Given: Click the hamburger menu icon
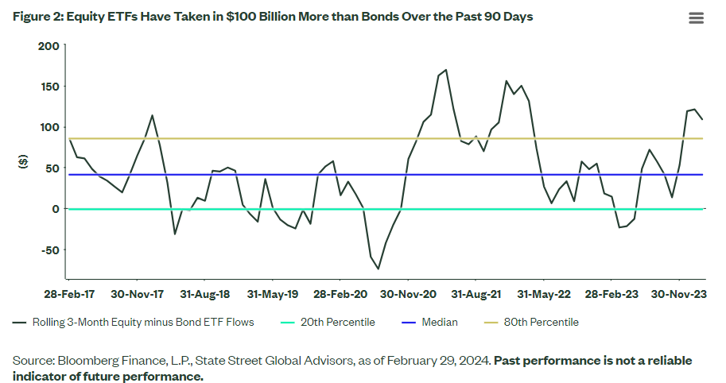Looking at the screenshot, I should (x=696, y=18).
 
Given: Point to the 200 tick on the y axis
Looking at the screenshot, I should (x=49, y=45).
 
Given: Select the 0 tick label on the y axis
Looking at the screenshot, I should (x=56, y=209).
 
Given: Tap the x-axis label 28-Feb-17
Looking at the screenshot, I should (x=68, y=294).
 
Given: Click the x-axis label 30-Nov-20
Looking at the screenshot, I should (x=408, y=294).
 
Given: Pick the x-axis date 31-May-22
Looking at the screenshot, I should (x=544, y=294).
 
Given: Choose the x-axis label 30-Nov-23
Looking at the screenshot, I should (x=679, y=294).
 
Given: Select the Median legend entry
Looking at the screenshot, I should (x=441, y=323).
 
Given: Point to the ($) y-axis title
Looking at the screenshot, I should (x=22, y=161).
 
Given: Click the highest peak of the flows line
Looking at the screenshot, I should (x=445, y=70).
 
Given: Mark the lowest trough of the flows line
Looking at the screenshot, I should (x=378, y=269).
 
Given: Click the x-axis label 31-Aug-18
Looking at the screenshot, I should (x=204, y=294).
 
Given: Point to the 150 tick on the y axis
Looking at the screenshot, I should (x=49, y=86).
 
